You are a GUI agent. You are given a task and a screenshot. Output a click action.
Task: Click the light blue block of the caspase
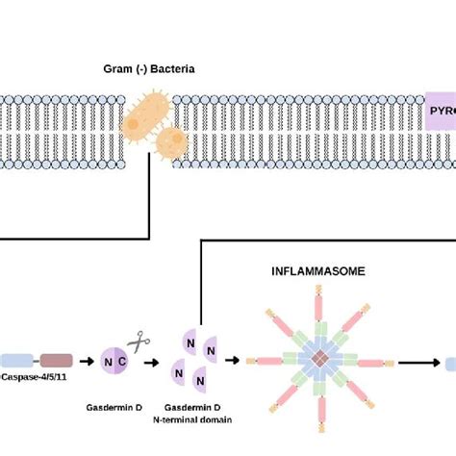pos(16,363)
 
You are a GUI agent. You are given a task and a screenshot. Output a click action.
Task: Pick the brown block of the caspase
pos(55,363)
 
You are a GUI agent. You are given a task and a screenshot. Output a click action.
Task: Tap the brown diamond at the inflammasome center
pos(325,362)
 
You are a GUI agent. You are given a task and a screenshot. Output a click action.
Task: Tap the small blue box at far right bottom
pos(449,364)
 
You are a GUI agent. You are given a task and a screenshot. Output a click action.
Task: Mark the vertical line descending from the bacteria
pos(148,192)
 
